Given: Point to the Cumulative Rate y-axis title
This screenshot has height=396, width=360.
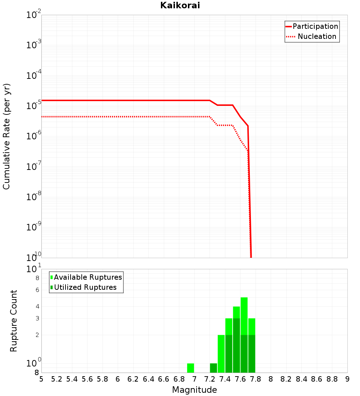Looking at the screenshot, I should pyautogui.click(x=6, y=136).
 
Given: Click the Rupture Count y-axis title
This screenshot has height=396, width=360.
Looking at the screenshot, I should pyautogui.click(x=14, y=321).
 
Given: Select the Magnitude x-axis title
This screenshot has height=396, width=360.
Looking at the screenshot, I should pyautogui.click(x=194, y=390).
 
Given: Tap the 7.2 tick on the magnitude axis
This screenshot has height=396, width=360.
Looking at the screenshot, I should pyautogui.click(x=210, y=379).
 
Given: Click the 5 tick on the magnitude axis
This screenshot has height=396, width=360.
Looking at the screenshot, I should pyautogui.click(x=41, y=379).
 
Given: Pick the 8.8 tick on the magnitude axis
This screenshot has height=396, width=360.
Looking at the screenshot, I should pyautogui.click(x=332, y=379).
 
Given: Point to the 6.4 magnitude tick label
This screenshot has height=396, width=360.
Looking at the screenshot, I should pyautogui.click(x=148, y=379).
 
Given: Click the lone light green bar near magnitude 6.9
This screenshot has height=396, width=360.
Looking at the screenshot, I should pyautogui.click(x=190, y=368).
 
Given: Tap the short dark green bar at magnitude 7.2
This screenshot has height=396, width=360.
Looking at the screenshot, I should pyautogui.click(x=213, y=368).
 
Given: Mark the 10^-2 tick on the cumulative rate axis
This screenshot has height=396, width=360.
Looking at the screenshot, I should pyautogui.click(x=34, y=15).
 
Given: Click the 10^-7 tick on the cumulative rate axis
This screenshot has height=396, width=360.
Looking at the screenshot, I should pyautogui.click(x=34, y=167).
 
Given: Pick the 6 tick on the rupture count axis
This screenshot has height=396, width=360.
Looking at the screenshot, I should pyautogui.click(x=37, y=290).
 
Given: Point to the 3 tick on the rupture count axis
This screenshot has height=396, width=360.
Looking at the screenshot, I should pyautogui.click(x=37, y=318).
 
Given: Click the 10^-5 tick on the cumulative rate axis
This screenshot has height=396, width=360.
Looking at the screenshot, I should pyautogui.click(x=34, y=106).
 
